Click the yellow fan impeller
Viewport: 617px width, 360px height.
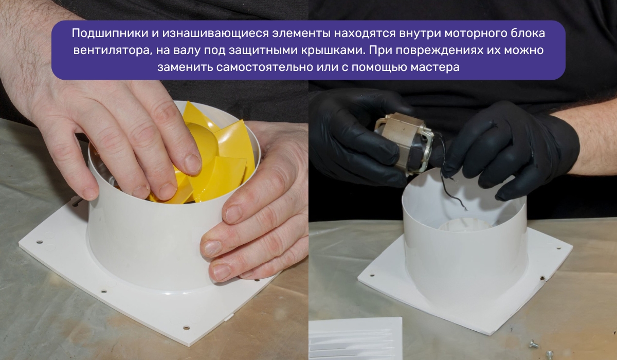pos(216,154)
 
